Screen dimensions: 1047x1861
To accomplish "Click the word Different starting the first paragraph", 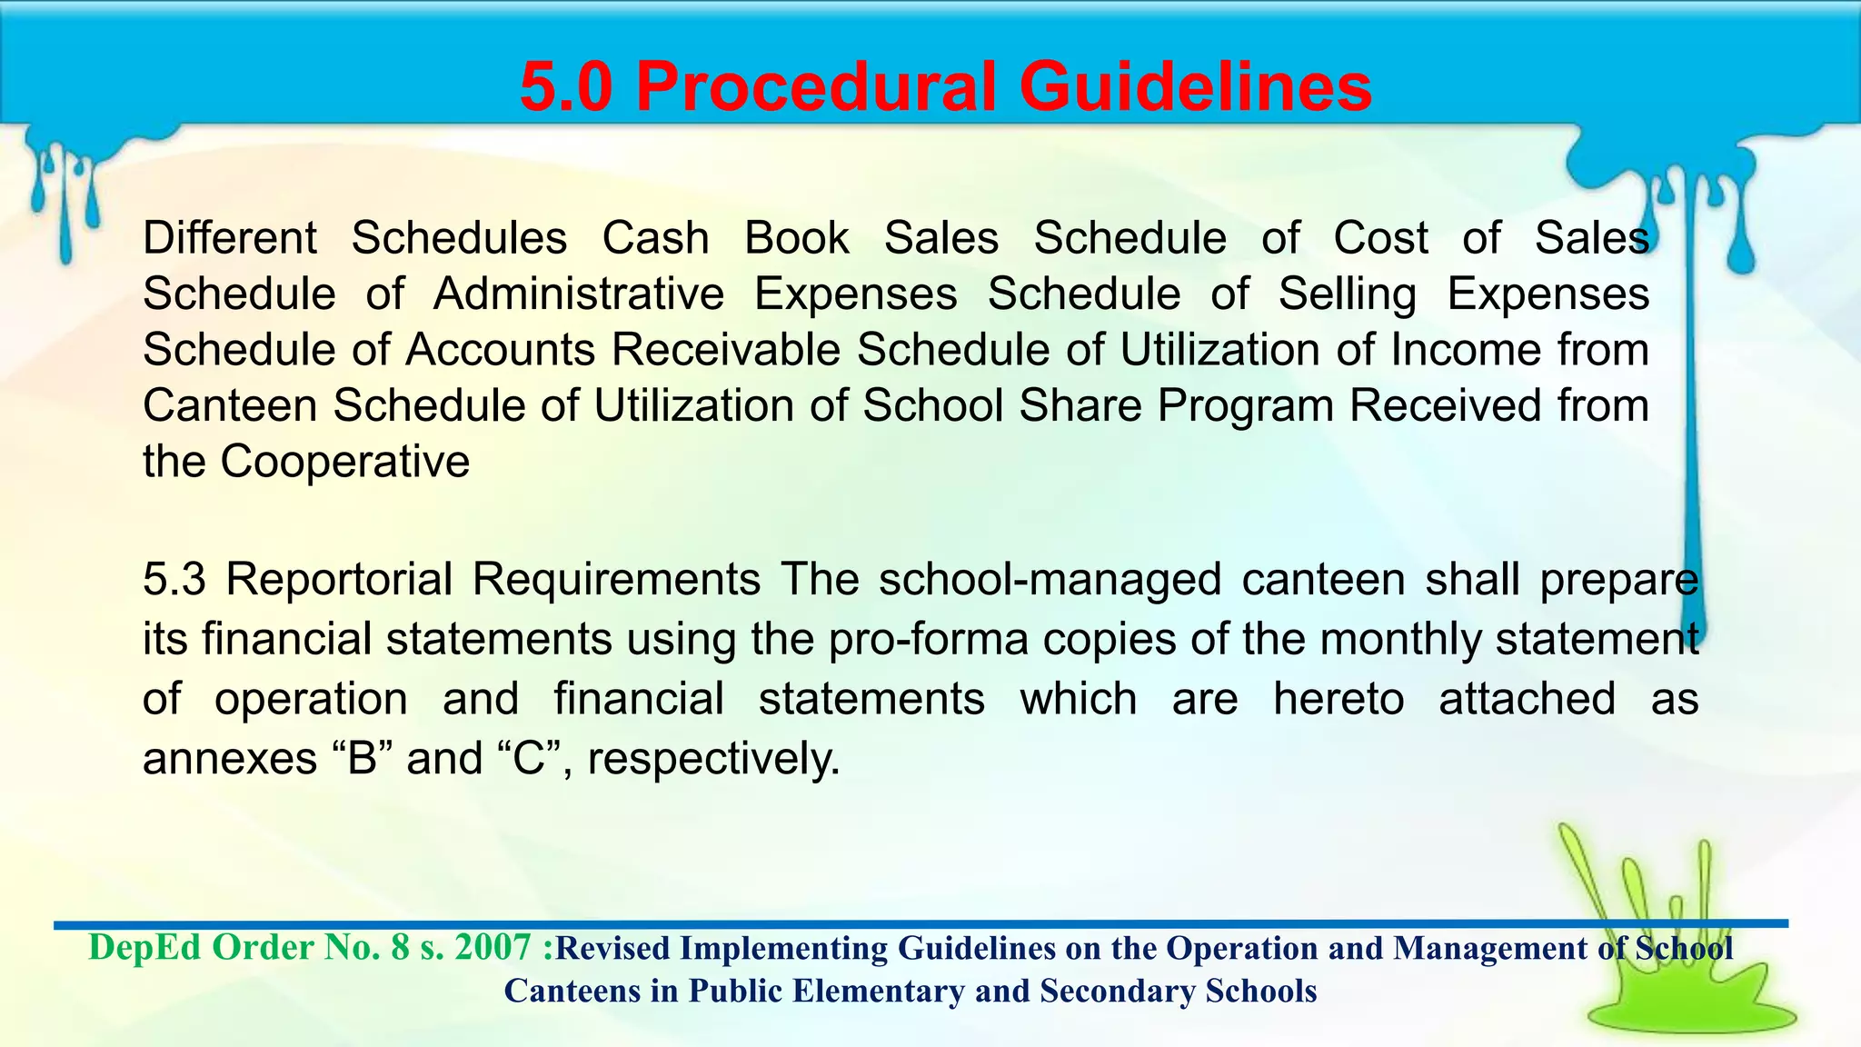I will [230, 238].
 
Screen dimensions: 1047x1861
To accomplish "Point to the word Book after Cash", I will [797, 238].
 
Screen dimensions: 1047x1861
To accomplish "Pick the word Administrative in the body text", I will [579, 294].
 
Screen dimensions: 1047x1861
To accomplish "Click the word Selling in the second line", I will [1347, 294].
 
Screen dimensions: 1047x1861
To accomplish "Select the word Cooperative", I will [344, 462].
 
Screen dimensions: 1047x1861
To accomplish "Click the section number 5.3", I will [174, 579].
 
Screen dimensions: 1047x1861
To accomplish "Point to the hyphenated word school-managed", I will [1050, 579].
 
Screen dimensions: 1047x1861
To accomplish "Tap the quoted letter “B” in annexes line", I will [362, 758].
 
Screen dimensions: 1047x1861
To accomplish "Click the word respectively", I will [713, 758].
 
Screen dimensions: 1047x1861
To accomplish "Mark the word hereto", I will [1339, 699].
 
